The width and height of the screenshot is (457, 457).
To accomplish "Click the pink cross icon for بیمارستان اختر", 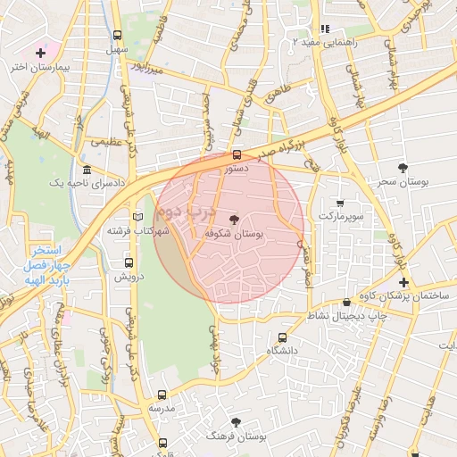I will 40,53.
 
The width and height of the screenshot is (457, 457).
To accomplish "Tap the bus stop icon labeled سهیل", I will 118,35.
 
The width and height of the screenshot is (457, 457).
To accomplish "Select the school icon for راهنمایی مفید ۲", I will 325,29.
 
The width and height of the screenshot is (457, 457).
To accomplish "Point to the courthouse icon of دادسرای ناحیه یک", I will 86,170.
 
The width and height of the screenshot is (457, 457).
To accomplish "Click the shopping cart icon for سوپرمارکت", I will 339,203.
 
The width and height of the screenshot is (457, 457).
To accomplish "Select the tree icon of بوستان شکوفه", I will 235,218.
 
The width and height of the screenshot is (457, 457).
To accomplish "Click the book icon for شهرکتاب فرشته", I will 137,217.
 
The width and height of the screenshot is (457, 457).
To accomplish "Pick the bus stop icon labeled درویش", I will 129,263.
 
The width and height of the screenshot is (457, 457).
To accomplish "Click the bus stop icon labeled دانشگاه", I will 283,338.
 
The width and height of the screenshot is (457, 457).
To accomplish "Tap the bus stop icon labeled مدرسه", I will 162,395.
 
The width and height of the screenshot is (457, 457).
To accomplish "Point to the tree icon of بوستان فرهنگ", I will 236,422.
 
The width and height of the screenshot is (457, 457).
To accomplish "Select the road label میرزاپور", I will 144,66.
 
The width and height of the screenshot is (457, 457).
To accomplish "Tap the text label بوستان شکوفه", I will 233,233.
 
